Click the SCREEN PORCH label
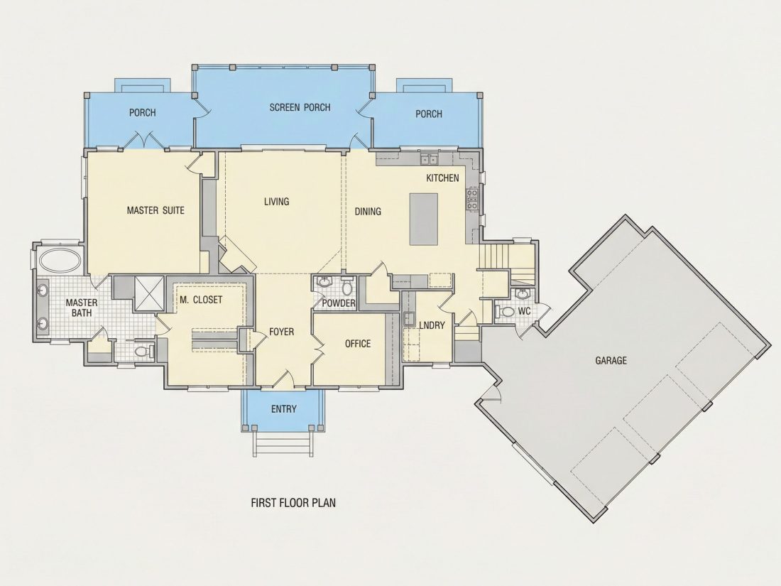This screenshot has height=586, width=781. point(300,107)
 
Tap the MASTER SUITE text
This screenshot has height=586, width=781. point(155,210)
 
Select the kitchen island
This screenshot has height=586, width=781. point(424,219)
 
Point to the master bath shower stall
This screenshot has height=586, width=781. point(149,293)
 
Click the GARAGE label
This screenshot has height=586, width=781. point(611,360)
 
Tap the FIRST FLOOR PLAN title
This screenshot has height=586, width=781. point(293,502)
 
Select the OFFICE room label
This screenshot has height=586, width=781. point(358,343)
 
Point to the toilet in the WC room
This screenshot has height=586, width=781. point(506,312)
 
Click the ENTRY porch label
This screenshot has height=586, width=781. point(284,409)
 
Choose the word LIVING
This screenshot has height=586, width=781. point(276,201)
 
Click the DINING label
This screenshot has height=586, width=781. point(368,211)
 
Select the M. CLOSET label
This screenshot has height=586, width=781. point(201,300)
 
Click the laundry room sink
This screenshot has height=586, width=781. point(409,319)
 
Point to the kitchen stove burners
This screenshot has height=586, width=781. point(471,199)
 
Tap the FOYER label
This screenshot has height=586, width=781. point(281,332)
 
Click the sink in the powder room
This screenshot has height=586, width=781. point(325,282)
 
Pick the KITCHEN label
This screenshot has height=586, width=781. point(442,178)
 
